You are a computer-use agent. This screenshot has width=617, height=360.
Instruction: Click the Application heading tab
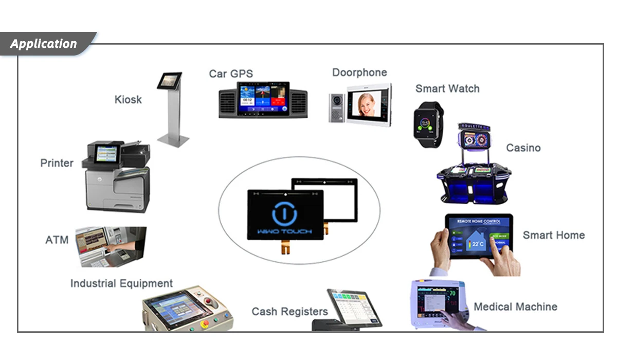click(x=44, y=44)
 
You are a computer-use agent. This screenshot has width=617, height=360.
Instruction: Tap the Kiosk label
click(x=128, y=99)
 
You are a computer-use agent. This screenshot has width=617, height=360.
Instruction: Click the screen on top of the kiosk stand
click(x=169, y=80)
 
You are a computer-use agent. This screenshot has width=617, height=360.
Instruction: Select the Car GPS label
click(x=231, y=74)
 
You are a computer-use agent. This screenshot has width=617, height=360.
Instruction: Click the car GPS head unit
click(x=263, y=100)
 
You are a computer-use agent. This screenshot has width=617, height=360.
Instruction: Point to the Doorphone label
click(x=359, y=73)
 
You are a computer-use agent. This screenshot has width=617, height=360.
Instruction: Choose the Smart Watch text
click(x=447, y=88)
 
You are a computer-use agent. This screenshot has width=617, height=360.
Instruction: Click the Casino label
click(x=523, y=148)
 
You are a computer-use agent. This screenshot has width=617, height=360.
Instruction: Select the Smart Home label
click(x=554, y=235)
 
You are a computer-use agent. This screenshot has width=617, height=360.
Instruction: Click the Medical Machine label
click(x=515, y=307)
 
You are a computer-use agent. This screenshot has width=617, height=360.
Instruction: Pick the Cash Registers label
click(x=289, y=311)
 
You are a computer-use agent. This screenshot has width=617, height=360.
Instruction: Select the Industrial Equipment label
click(x=121, y=283)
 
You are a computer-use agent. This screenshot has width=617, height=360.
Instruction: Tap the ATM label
click(x=57, y=240)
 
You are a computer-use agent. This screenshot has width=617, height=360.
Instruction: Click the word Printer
click(x=57, y=163)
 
